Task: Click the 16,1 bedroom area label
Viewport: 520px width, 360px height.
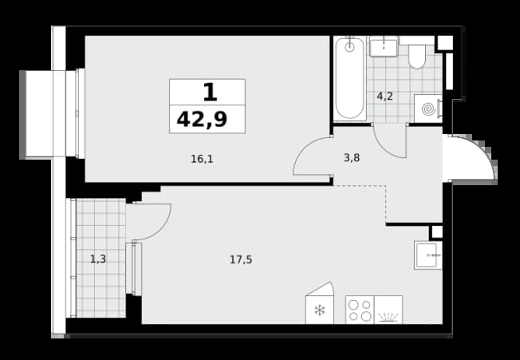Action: coord(202,160)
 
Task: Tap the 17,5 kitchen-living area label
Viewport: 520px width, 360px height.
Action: coord(241,259)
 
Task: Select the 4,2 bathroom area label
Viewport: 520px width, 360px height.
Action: coord(384,97)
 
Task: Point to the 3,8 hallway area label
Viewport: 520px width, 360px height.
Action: coord(352,158)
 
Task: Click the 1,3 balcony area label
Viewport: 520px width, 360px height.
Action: coord(98,259)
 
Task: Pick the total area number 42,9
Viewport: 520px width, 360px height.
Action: coord(202,120)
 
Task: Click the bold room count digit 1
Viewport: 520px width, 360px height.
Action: coord(210,93)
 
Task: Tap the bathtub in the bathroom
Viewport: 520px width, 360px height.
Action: coord(349,78)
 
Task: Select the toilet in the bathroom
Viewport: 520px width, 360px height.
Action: coord(417,57)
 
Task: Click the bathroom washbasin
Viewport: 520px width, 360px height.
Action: coord(384,48)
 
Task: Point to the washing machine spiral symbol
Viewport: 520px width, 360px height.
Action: coord(428,109)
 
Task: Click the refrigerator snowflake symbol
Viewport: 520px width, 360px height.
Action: coord(319,311)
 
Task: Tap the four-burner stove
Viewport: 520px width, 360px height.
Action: coord(360,310)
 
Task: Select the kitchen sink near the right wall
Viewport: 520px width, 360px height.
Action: coord(427,255)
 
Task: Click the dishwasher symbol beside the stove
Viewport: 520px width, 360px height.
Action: coord(388,310)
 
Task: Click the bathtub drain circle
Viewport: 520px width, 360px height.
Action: coord(349,47)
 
